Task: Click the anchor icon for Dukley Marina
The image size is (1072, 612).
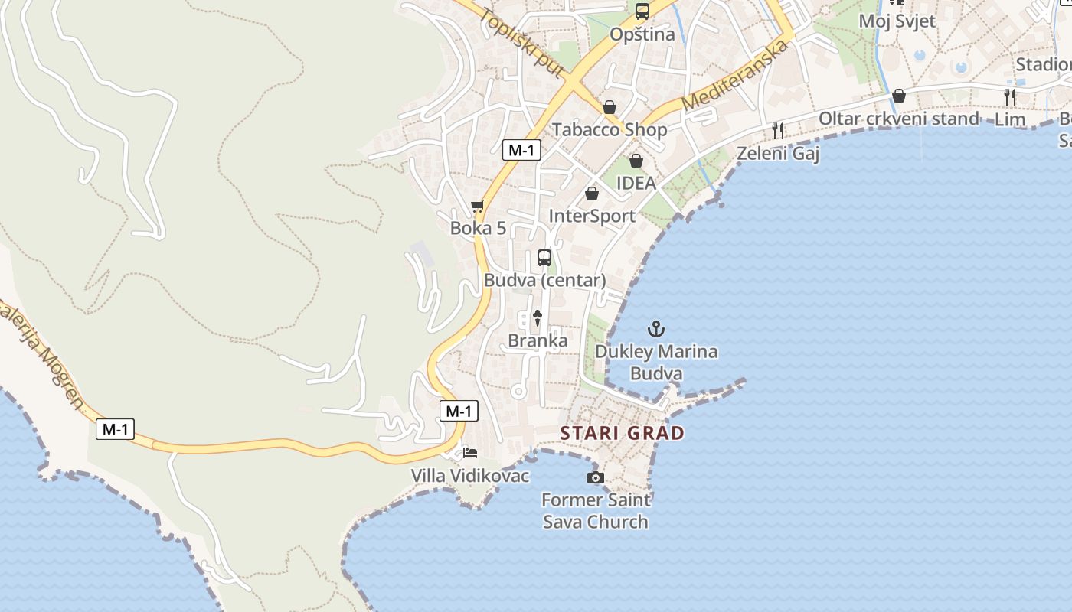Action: click(x=656, y=330)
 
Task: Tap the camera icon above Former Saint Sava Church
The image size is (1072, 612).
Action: click(x=595, y=477)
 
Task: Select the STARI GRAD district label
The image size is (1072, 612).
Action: click(x=622, y=433)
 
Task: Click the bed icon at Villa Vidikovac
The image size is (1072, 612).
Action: click(x=470, y=453)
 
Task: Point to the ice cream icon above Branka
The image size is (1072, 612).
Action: click(x=538, y=317)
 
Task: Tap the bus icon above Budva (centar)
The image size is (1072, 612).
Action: click(x=544, y=258)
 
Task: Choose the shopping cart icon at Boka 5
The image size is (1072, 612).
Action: click(x=478, y=206)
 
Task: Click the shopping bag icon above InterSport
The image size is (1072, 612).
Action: click(x=591, y=194)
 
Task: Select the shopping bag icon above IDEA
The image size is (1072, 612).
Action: click(x=636, y=161)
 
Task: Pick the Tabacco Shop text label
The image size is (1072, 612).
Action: click(x=610, y=129)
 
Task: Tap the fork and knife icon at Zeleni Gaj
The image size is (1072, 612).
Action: click(x=778, y=131)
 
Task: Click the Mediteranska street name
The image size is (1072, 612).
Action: click(x=734, y=75)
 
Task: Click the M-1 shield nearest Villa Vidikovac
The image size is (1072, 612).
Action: click(x=459, y=411)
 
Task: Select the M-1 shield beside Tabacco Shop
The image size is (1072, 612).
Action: click(x=521, y=150)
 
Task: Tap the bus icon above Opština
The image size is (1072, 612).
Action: click(x=642, y=11)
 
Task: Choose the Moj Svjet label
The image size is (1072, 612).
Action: click(x=897, y=21)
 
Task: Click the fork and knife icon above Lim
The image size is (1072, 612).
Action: click(x=1010, y=96)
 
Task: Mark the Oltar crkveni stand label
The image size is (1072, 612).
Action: click(x=898, y=119)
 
